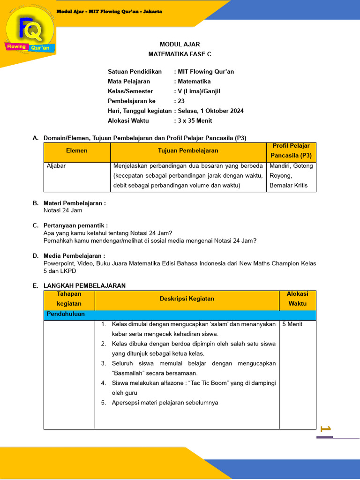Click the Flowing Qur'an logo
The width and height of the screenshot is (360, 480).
pos(30,33)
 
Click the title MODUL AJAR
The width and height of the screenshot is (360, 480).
pos(180,45)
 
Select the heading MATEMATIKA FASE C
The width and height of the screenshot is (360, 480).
pos(180,54)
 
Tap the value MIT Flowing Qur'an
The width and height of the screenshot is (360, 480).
pos(205,72)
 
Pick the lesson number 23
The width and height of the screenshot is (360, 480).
pos(181,101)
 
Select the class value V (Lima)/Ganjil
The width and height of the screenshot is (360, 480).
pos(199,91)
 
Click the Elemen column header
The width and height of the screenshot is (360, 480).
pos(77,151)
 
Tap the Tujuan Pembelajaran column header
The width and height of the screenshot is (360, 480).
pos(188,151)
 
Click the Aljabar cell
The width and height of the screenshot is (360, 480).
pos(55,166)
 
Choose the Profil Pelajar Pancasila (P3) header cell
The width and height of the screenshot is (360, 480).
pos(291,151)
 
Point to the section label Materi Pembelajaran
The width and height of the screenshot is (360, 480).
pos(75,203)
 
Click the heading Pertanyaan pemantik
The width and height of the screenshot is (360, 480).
pos(75,225)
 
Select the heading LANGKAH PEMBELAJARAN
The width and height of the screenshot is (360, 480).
pos(84,285)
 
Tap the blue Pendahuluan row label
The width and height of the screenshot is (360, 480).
pos(66,314)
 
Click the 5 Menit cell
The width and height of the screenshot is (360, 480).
pos(292,324)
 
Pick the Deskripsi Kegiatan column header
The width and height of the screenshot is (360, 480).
pos(187,299)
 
